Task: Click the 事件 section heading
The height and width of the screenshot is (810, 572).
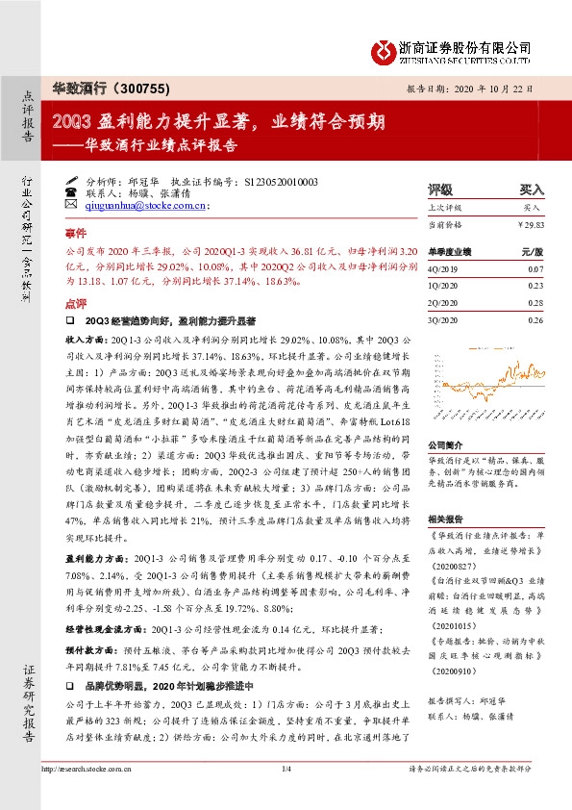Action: coord(75,234)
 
